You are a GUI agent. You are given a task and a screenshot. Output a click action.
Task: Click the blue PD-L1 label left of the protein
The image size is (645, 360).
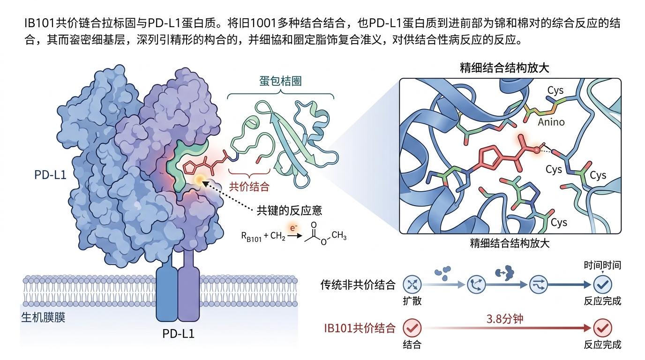pyautogui.click(x=50, y=175)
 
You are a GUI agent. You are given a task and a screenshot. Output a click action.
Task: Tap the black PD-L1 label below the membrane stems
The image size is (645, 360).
pyautogui.click(x=178, y=334)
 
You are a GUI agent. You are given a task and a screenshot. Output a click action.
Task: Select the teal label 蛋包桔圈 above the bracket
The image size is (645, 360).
pyautogui.click(x=280, y=81)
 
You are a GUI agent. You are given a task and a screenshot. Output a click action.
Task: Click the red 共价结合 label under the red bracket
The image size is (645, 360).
pyautogui.click(x=249, y=187)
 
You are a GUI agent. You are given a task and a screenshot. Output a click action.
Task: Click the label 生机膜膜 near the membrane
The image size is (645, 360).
pyautogui.click(x=43, y=317)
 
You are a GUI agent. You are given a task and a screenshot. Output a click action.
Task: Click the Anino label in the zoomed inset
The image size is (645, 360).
pyautogui.click(x=551, y=122)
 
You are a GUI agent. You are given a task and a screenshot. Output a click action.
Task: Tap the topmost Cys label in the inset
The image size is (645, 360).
pyautogui.click(x=555, y=90)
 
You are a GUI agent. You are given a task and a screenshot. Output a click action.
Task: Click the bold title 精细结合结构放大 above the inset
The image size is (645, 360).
pyautogui.click(x=505, y=67)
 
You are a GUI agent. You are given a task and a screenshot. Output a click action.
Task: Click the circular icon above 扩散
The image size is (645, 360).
pyautogui.click(x=412, y=284)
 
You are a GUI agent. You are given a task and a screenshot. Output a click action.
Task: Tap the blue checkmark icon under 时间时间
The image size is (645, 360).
pyautogui.click(x=602, y=284)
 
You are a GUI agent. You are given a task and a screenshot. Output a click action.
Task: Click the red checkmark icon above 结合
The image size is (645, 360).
pyautogui.click(x=412, y=328)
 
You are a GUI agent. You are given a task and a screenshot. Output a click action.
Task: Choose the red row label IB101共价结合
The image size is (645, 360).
pyautogui.click(x=360, y=328)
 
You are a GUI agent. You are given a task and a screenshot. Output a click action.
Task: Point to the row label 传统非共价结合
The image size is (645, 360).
pyautogui.click(x=358, y=284)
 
